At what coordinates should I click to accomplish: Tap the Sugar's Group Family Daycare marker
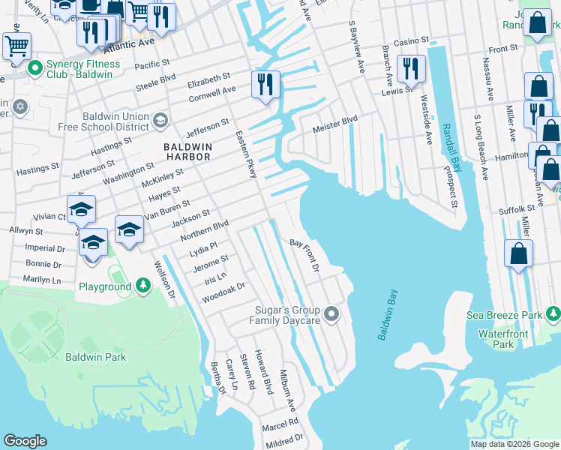coord(331,312)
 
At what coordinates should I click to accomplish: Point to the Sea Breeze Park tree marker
coord(553,313)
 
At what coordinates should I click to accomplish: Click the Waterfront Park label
coord(504,338)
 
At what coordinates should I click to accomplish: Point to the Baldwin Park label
coord(95,357)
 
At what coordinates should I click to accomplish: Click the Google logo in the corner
coord(25,440)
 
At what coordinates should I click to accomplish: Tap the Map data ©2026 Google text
coord(514,443)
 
